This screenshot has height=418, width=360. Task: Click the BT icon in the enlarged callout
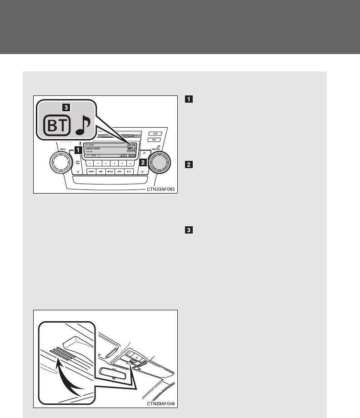[56, 126]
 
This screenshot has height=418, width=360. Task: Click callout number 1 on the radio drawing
[78, 149]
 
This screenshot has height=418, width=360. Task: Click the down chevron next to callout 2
[142, 172]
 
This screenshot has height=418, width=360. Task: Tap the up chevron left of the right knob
[142, 153]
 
